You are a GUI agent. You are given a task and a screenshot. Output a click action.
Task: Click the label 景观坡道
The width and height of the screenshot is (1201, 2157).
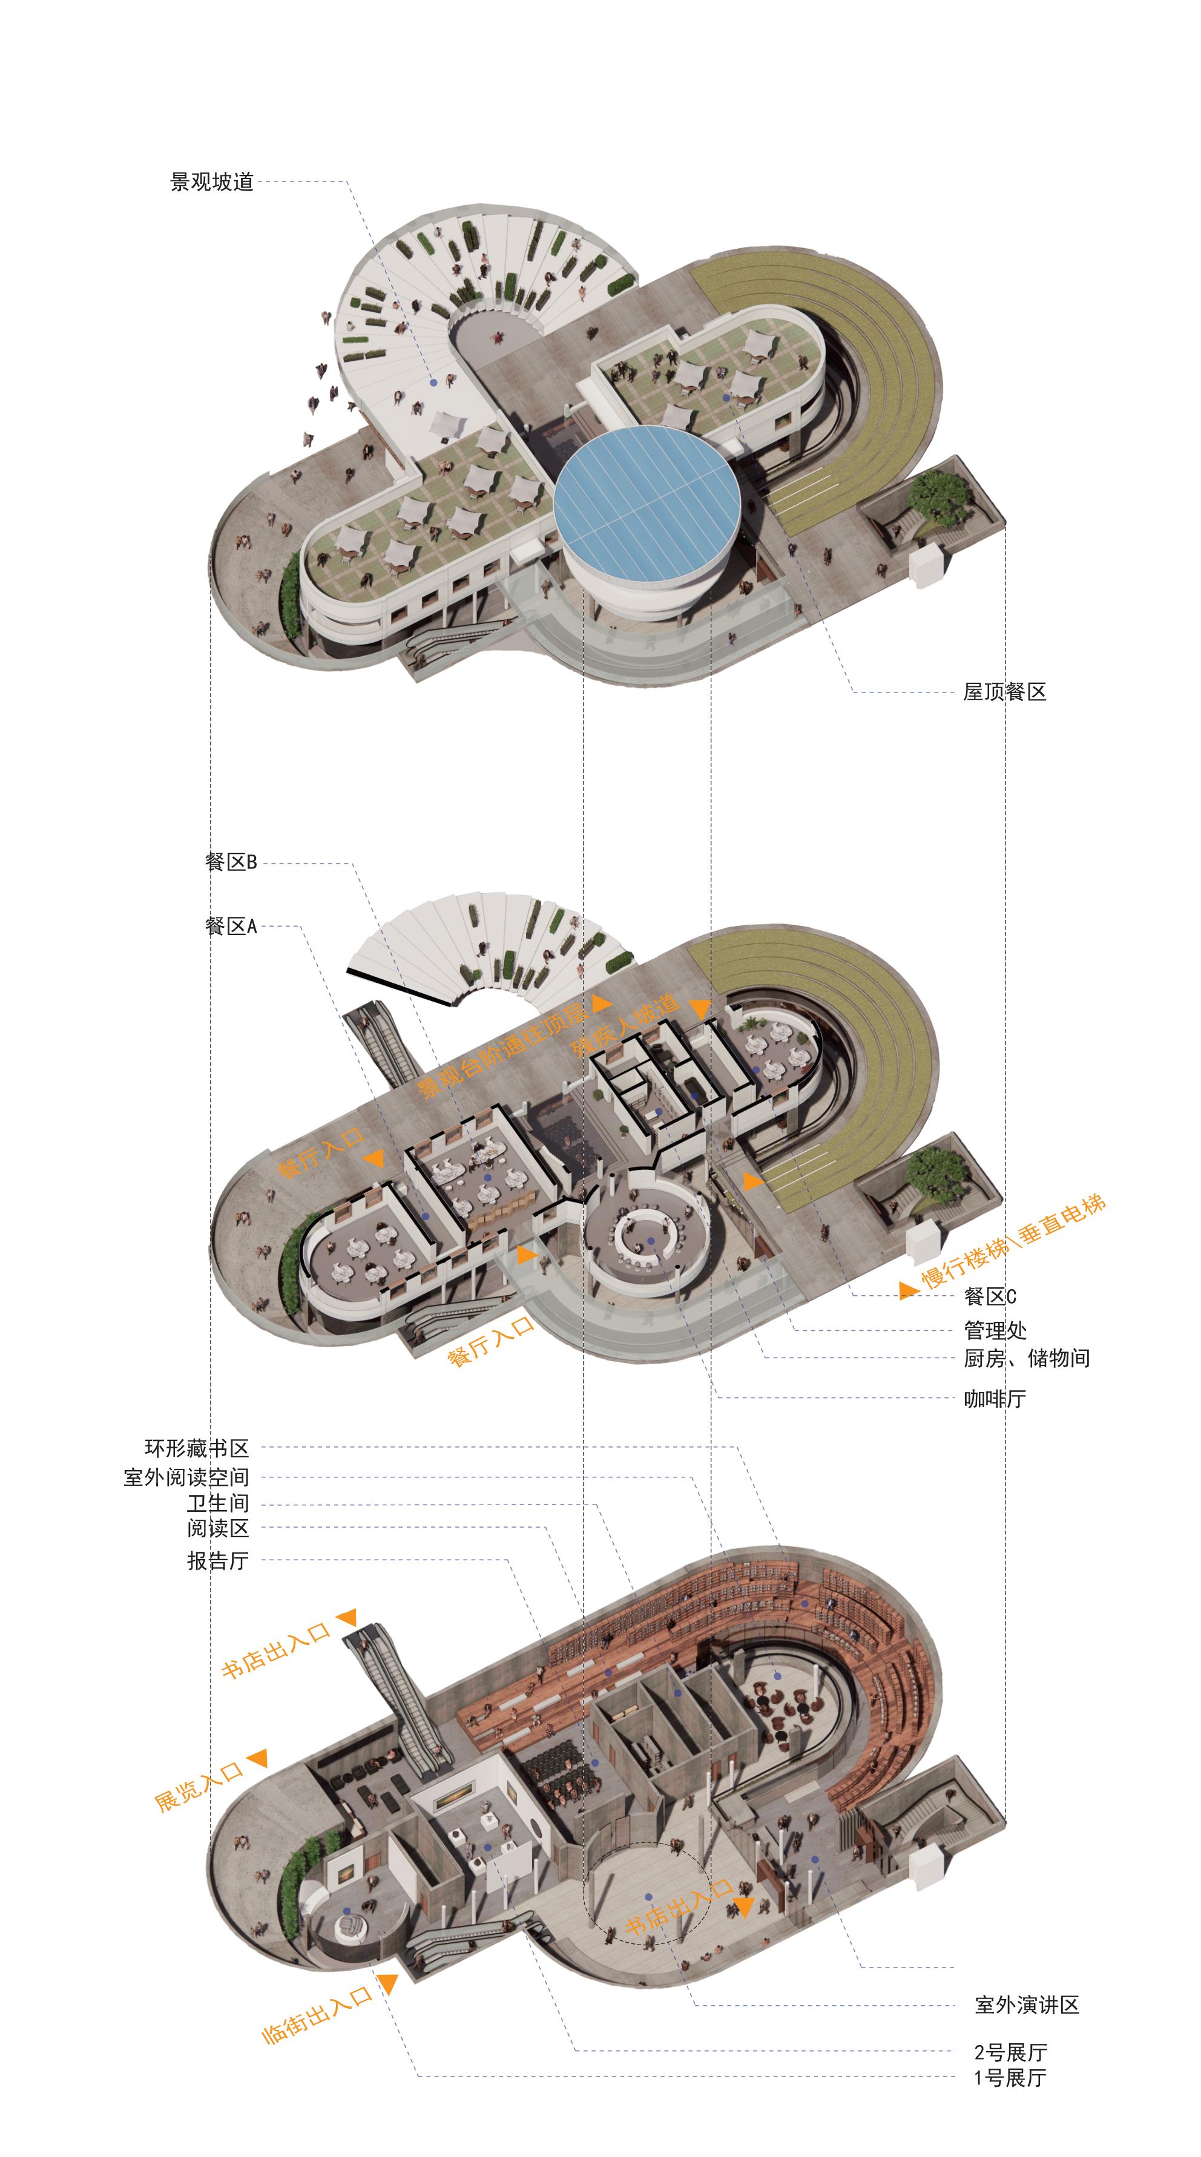coord(211,182)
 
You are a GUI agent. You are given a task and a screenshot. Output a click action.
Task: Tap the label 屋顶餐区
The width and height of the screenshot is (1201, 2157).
coord(1004,692)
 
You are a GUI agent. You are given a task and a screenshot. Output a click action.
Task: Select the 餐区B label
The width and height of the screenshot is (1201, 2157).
coord(230,862)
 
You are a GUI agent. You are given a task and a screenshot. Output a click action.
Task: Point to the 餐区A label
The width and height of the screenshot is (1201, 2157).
coord(230,926)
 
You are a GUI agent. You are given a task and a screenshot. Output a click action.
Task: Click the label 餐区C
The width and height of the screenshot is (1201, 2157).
coord(990,1296)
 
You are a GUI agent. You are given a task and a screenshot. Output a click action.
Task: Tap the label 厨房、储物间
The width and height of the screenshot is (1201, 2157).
coord(1026,1358)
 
